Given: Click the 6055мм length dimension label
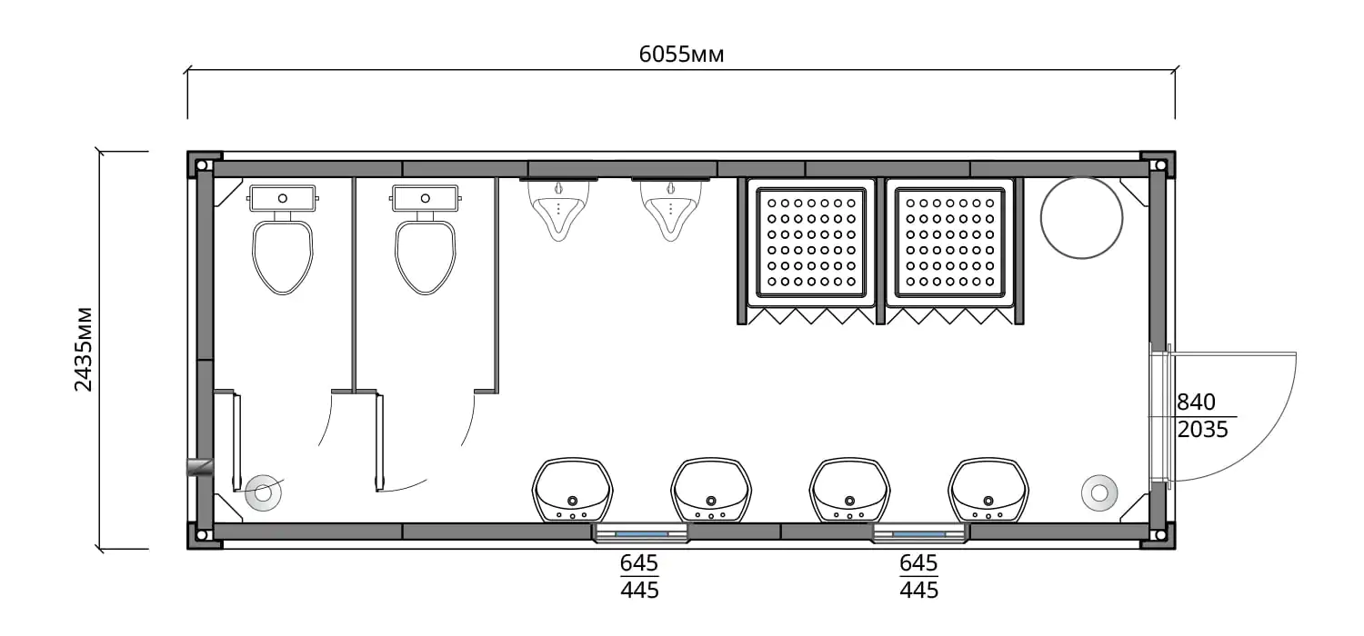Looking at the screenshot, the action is point(681,55).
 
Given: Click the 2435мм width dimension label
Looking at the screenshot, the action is point(84,349).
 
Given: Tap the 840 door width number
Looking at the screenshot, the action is point(1196,402).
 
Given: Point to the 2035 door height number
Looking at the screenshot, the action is point(1202,430).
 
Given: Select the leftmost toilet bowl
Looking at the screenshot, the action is point(283,257).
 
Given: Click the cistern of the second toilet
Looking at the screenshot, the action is point(425,198).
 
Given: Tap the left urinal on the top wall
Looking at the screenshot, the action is point(558,210).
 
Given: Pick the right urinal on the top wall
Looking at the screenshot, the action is point(670,210).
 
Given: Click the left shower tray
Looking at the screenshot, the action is point(810,243).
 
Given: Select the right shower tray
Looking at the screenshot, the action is point(949,243).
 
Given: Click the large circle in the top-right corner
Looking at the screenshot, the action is point(1081,218).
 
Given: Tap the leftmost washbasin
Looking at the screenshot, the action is point(572,490).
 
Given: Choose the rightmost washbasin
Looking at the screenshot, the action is point(988,490).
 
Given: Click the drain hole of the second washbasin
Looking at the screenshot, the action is point(710,501).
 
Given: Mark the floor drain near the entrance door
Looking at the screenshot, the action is point(1099,493).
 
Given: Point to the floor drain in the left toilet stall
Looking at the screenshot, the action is point(263,493).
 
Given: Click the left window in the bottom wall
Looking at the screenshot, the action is point(641,533).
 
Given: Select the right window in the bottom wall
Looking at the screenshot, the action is point(919,533).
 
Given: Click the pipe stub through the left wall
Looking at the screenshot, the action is point(200,467).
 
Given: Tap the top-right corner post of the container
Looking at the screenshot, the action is point(1158,165).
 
